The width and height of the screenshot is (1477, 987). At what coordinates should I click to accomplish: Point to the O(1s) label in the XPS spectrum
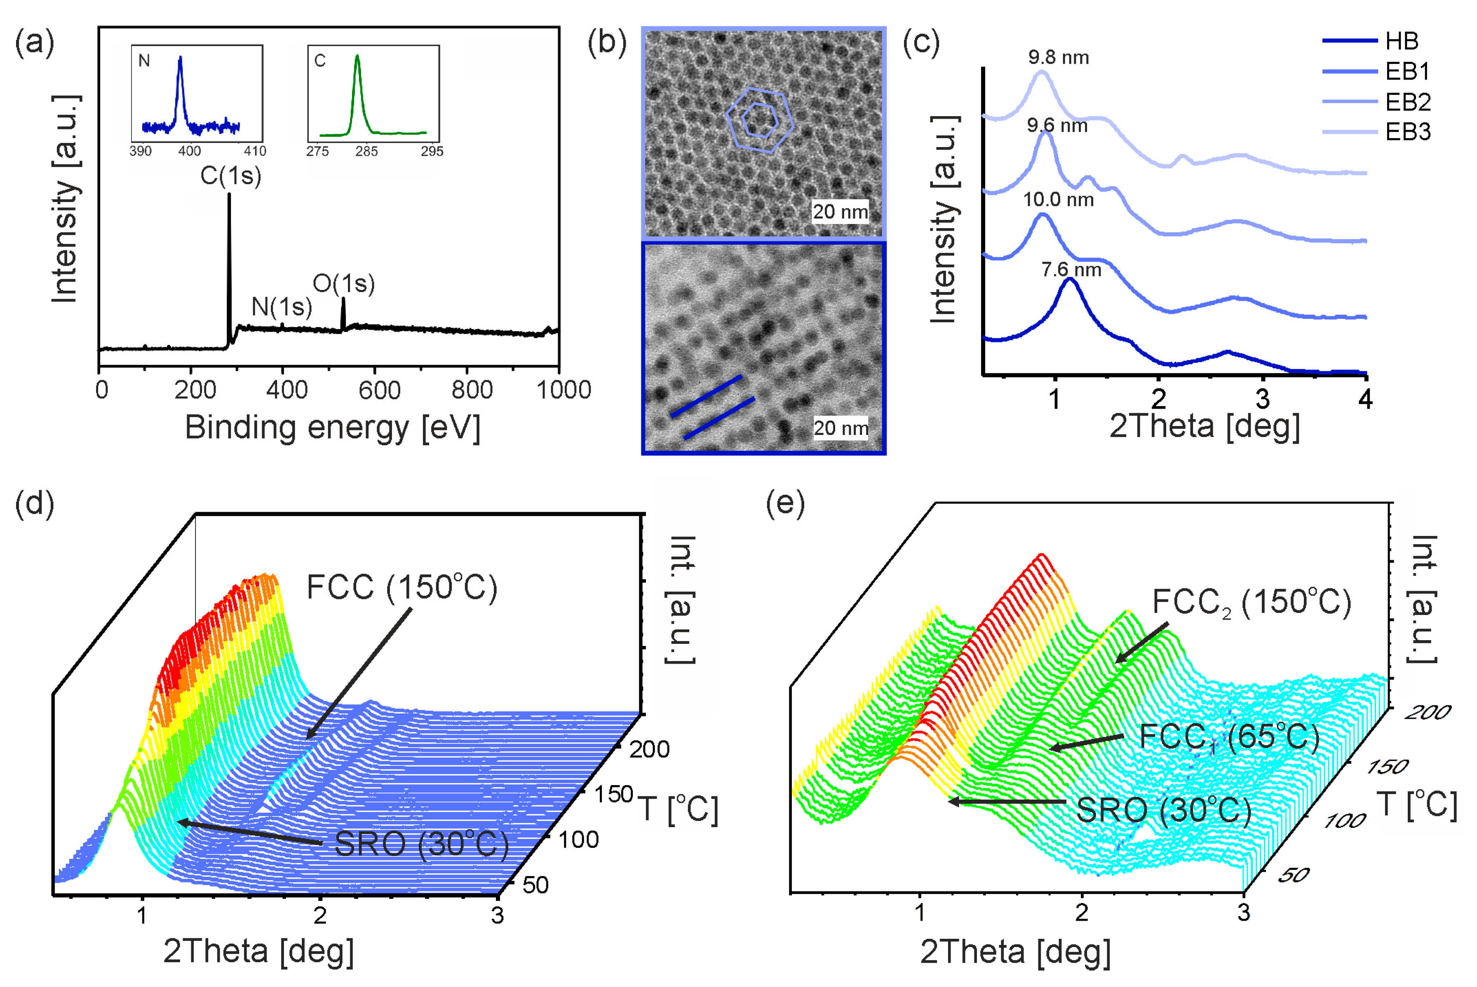(343, 284)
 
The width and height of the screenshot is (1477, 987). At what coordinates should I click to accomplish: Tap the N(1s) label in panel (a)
(282, 307)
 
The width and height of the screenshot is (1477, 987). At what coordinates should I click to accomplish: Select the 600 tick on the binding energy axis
(379, 390)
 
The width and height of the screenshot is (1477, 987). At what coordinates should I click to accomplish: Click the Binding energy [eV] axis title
(333, 428)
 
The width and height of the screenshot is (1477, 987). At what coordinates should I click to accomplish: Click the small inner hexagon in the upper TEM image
(758, 119)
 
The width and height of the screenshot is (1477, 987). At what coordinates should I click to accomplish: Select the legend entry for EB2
(1408, 101)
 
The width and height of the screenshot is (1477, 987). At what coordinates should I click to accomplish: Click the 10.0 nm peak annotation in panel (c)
(1058, 200)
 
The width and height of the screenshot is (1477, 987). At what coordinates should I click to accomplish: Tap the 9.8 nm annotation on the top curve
(1058, 58)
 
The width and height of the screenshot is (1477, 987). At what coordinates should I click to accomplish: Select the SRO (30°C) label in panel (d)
(421, 844)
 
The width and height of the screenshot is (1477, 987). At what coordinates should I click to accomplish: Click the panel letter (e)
(785, 503)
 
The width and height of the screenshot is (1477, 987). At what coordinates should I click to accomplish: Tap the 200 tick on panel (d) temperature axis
(649, 749)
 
